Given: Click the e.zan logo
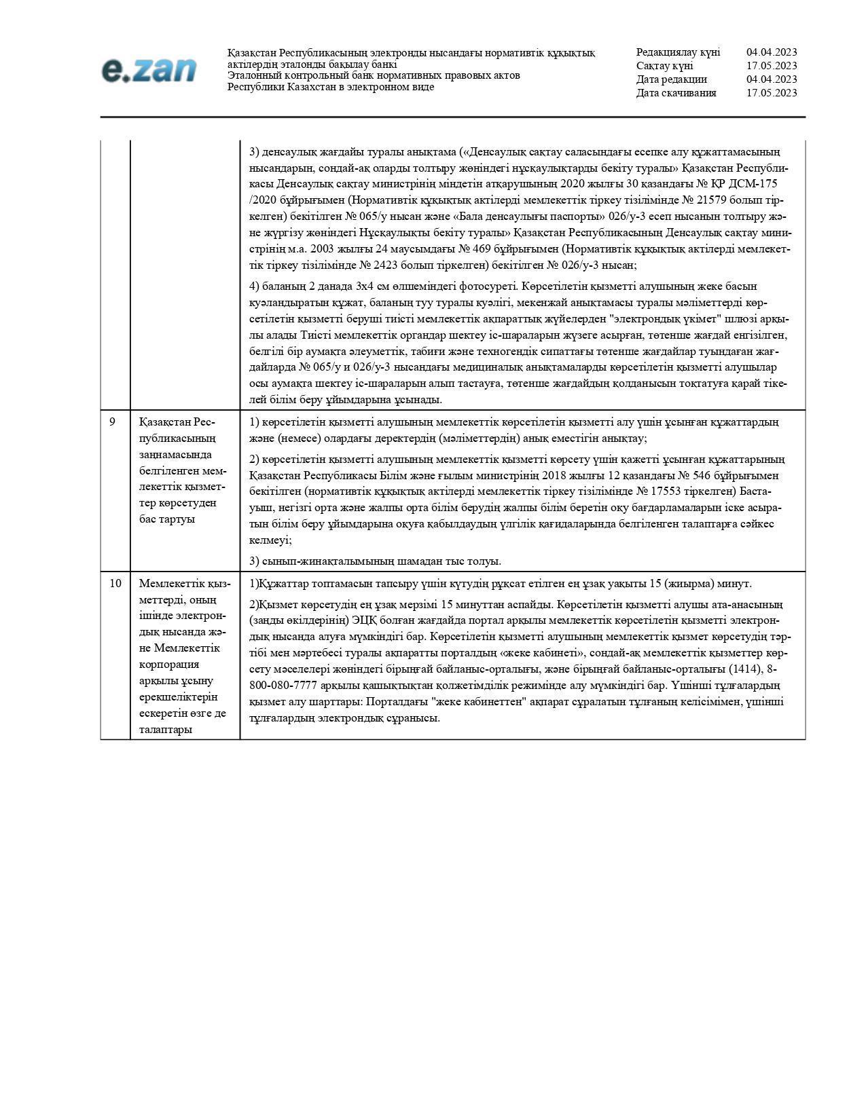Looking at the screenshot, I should tap(149, 70).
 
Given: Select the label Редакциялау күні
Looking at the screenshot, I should tap(678, 52).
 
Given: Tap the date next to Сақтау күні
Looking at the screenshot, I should tap(772, 66).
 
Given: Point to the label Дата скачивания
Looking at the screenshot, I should tap(676, 93).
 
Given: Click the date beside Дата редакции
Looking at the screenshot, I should tap(772, 79).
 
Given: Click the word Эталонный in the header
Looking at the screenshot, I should tap(251, 75).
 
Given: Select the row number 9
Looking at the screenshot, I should tap(112, 422).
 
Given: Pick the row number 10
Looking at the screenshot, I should tap(115, 583).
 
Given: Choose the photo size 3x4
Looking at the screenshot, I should tap(367, 286).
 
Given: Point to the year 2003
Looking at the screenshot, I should tap(323, 249).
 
